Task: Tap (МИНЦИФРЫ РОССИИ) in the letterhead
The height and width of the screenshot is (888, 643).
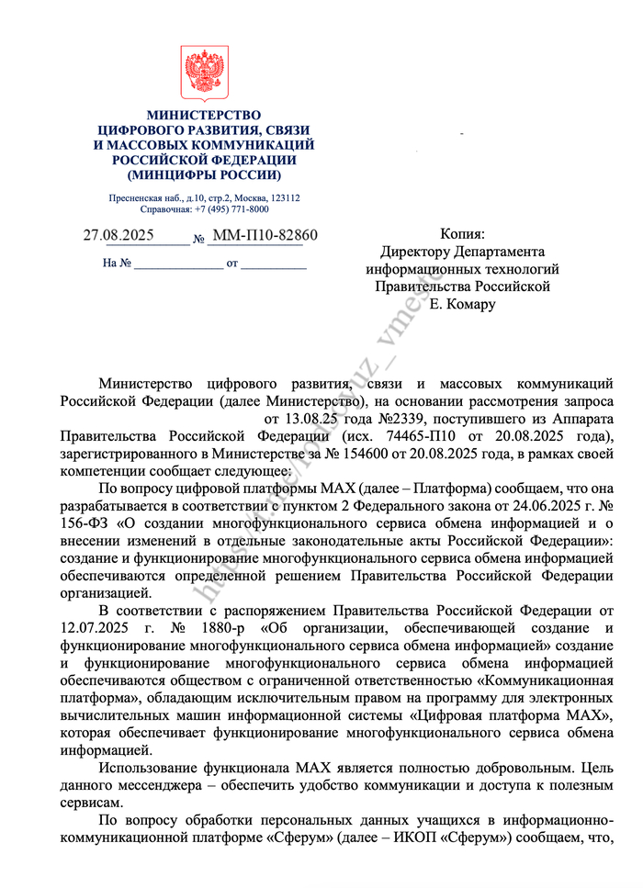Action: tap(204, 174)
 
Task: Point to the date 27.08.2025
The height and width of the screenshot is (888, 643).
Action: tap(118, 236)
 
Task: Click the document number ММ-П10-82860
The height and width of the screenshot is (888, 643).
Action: tap(265, 236)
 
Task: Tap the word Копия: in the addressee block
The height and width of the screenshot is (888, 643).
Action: tap(462, 235)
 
